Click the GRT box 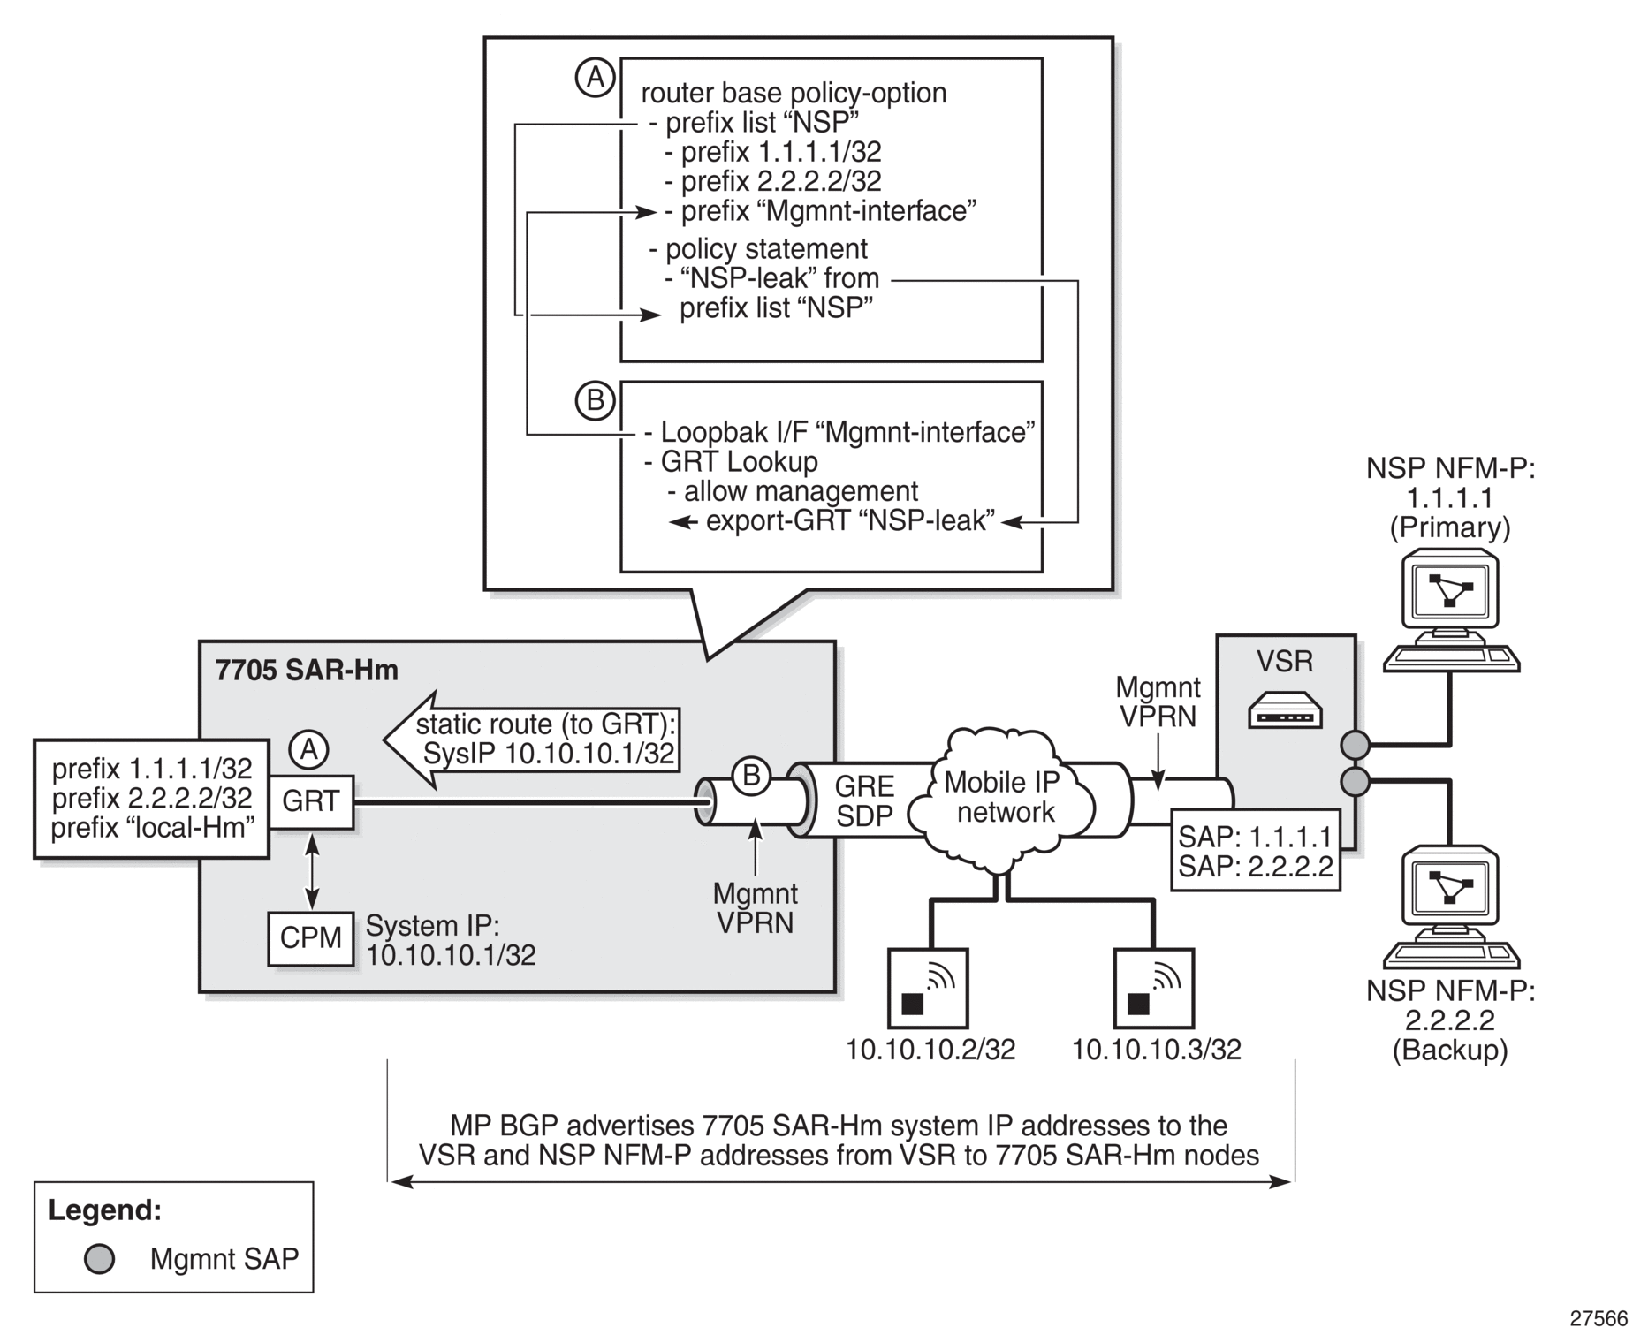[311, 802]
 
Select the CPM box [311, 938]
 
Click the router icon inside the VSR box [1284, 709]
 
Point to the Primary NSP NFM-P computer [1451, 610]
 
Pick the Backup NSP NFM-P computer [1451, 906]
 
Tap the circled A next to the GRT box [309, 750]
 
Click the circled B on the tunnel [751, 777]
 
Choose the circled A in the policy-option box [596, 78]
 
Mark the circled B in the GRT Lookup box [596, 401]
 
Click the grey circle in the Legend [99, 1259]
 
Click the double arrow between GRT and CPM [311, 870]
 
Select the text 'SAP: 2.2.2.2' [1255, 866]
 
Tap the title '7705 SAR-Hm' [307, 671]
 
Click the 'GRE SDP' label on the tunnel [865, 801]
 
